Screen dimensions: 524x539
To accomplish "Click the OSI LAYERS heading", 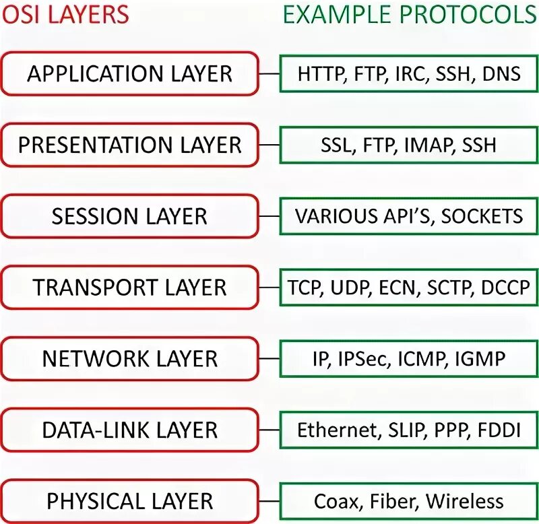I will click(65, 13).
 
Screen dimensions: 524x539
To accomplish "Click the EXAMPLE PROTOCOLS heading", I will click(410, 13).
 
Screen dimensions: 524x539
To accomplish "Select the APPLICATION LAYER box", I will click(129, 73).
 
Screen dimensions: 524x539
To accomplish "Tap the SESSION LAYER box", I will click(129, 216).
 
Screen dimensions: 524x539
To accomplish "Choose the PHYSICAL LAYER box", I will click(129, 501).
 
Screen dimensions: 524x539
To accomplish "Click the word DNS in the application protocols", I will click(501, 73).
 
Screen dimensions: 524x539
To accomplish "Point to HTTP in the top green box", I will click(319, 73).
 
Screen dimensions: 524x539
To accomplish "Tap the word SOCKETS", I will click(482, 216).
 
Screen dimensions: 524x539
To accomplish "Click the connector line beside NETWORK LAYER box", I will click(269, 359).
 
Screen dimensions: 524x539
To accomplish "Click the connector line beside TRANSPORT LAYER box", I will click(269, 288).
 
